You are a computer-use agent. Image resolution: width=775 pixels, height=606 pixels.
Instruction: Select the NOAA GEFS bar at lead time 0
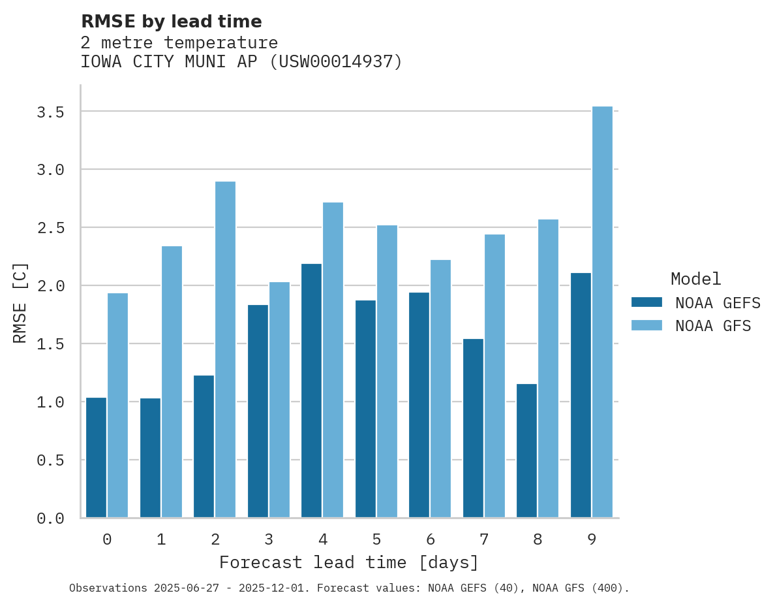[96, 457]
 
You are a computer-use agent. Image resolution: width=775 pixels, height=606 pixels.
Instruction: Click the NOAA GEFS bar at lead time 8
[526, 451]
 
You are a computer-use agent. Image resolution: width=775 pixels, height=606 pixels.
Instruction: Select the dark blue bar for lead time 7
[473, 428]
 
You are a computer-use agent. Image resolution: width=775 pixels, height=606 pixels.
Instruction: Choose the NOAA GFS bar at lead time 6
[440, 389]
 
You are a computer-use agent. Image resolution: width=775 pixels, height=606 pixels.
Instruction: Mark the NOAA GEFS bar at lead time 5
[365, 409]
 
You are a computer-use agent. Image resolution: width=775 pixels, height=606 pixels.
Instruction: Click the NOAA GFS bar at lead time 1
[172, 382]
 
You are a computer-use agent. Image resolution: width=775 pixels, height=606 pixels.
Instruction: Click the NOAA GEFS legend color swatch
[646, 302]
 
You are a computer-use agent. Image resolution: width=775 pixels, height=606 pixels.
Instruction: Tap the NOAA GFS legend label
[713, 326]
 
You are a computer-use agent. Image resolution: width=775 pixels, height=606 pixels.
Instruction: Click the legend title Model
[695, 279]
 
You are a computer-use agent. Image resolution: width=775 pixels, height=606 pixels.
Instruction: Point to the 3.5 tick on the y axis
[50, 112]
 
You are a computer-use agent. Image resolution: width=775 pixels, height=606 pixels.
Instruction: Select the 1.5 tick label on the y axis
[50, 344]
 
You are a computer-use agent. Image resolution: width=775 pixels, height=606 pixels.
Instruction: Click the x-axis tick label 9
[591, 539]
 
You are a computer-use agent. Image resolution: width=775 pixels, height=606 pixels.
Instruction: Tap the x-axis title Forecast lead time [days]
[349, 562]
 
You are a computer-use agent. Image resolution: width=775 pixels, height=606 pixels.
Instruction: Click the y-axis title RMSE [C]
[20, 302]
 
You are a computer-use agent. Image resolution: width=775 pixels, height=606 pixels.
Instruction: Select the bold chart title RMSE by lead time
[171, 22]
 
